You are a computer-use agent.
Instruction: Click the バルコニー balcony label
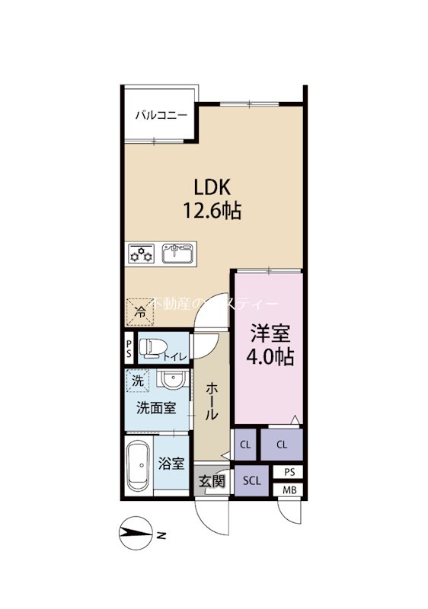tap(161, 116)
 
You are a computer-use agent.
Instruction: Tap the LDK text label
tap(211, 187)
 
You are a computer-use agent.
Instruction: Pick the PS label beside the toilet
tap(129, 349)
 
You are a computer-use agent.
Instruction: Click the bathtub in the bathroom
tap(138, 465)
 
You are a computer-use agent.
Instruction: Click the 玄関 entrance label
tap(211, 481)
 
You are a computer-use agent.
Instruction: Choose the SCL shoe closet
tap(251, 481)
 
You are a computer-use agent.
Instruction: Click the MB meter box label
tap(289, 489)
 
